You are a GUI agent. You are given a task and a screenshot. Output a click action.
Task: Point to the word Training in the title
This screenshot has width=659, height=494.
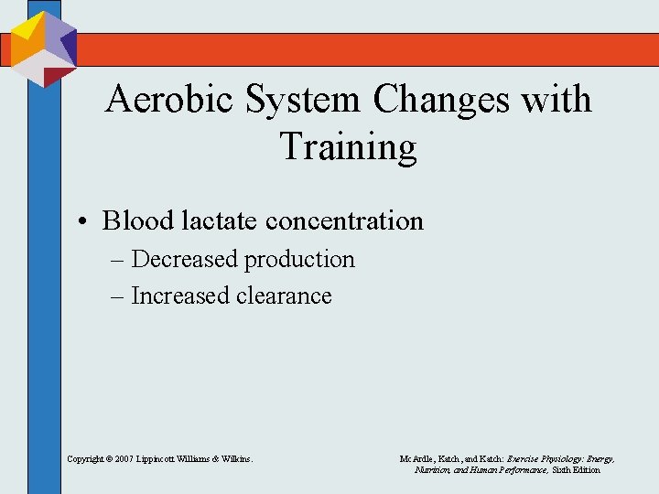point(348,146)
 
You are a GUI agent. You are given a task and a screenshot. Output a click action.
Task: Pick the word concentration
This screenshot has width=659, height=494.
point(344,220)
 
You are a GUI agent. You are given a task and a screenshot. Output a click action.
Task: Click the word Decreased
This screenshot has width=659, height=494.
point(186,259)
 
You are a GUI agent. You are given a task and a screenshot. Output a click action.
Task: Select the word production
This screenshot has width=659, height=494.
point(299,260)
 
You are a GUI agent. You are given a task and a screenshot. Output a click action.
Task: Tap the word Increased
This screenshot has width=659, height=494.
point(181,295)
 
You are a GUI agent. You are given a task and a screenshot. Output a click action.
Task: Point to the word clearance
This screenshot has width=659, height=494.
point(283,295)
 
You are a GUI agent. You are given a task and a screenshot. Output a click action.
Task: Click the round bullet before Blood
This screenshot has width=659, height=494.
point(82,221)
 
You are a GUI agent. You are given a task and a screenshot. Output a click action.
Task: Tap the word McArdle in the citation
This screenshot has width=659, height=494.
point(417,457)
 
